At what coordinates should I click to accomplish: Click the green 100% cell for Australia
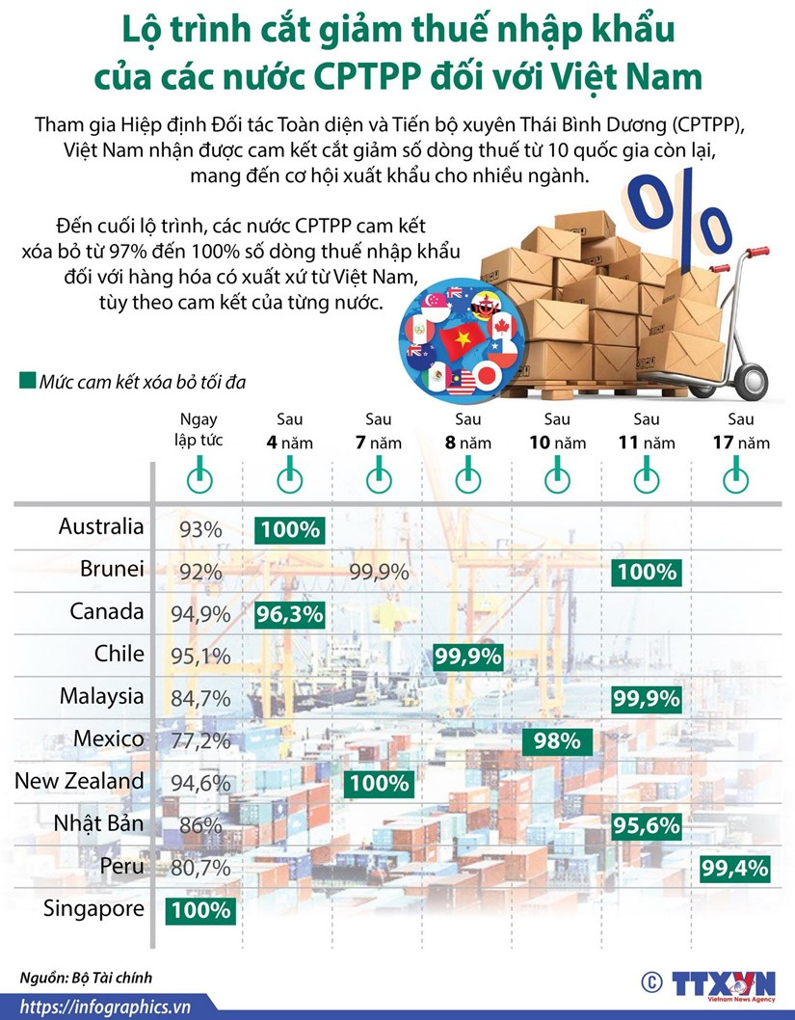[x=289, y=529]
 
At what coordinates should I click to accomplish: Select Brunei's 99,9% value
[x=379, y=572]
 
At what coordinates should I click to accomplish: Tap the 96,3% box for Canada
[x=289, y=614]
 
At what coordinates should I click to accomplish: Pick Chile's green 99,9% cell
[x=467, y=658]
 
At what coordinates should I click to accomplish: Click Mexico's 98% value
[x=556, y=741]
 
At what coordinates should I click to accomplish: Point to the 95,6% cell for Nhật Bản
[x=646, y=826]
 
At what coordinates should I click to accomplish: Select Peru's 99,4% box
[x=735, y=869]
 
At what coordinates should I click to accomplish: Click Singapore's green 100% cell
[x=199, y=910]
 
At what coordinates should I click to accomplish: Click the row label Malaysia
[x=101, y=696]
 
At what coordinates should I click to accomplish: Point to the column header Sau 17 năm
[x=741, y=431]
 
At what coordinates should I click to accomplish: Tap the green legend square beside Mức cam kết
[x=27, y=382]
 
